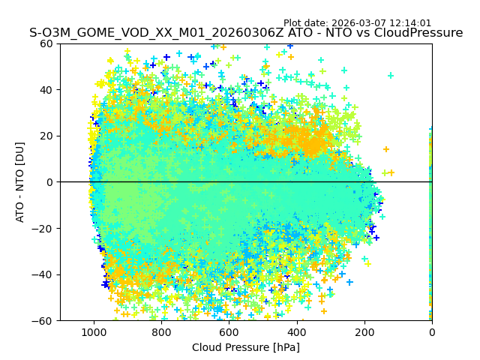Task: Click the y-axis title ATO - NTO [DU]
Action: pos(20,181)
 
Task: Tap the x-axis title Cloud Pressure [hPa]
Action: pos(246,347)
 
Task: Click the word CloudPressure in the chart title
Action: pos(418,33)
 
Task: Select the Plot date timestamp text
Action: pos(358,23)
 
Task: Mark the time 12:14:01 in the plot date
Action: pos(409,23)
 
